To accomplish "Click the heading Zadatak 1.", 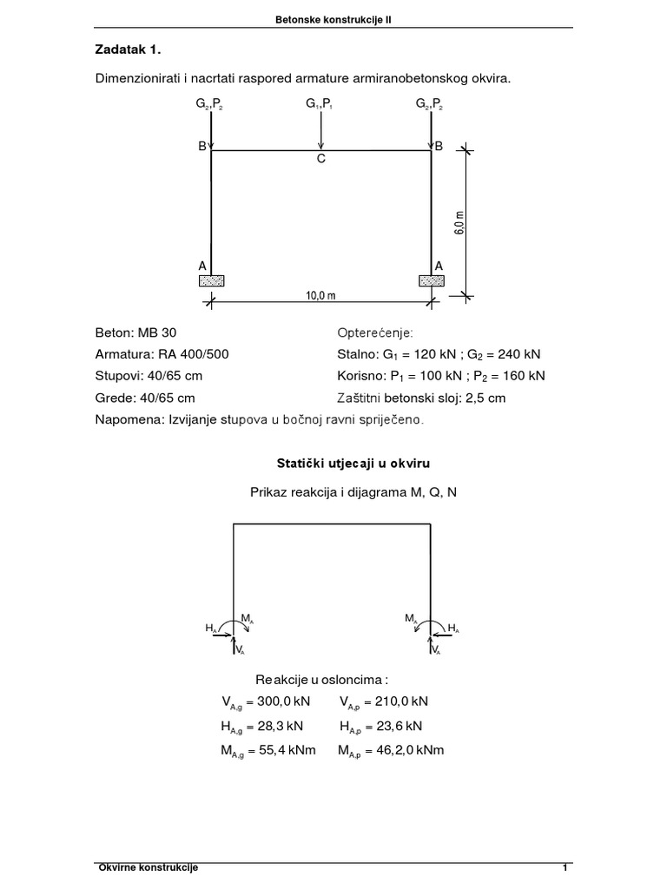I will [x=126, y=49].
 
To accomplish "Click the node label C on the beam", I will [x=320, y=160].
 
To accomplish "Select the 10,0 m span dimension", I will [x=320, y=295].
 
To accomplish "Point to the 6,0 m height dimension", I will [x=459, y=222].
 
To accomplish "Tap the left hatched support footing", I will [x=211, y=280].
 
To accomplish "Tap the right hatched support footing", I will [x=432, y=280].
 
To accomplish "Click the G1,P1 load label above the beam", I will [x=320, y=104].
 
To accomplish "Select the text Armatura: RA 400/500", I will [x=162, y=355].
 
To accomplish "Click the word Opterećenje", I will [x=375, y=333].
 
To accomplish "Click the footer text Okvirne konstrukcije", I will [x=149, y=868].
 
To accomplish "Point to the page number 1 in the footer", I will [x=565, y=868].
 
